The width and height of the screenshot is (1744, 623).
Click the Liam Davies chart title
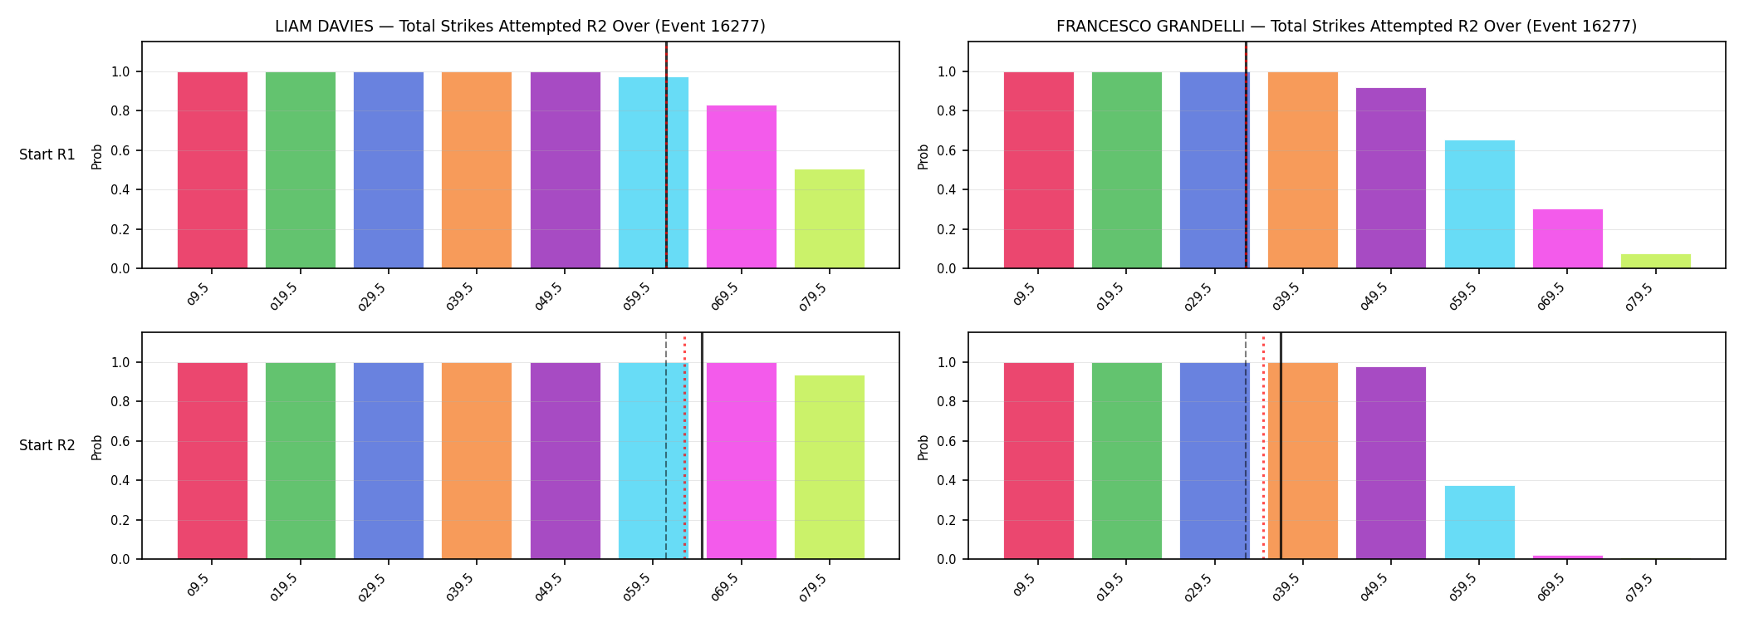(x=520, y=26)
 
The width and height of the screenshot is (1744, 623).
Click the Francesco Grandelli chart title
(x=1346, y=26)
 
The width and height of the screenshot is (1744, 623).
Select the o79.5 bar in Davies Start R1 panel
(x=830, y=218)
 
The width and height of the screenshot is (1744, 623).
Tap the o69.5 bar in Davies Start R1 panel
(x=742, y=187)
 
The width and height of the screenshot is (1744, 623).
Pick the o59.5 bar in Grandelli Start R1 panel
(x=1480, y=204)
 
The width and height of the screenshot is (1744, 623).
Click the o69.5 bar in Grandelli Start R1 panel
(x=1568, y=238)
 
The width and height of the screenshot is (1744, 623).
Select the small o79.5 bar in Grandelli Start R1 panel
(x=1656, y=261)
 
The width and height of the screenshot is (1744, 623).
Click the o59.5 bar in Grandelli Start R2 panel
(x=1480, y=522)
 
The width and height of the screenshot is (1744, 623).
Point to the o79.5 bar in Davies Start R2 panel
(x=830, y=467)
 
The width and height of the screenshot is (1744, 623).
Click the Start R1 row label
(x=47, y=155)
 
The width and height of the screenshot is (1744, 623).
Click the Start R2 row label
(x=47, y=445)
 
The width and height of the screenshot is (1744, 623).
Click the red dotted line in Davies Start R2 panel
(x=684, y=446)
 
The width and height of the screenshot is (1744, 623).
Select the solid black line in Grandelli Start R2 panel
(x=1281, y=446)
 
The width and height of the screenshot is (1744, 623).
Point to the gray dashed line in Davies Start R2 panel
(x=666, y=446)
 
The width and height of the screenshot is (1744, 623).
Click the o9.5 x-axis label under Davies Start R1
(x=198, y=294)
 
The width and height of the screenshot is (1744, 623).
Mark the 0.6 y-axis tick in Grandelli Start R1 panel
(x=947, y=150)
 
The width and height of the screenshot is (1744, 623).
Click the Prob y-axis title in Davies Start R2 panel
(x=97, y=447)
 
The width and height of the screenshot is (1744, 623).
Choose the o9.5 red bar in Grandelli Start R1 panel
(x=1039, y=170)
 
